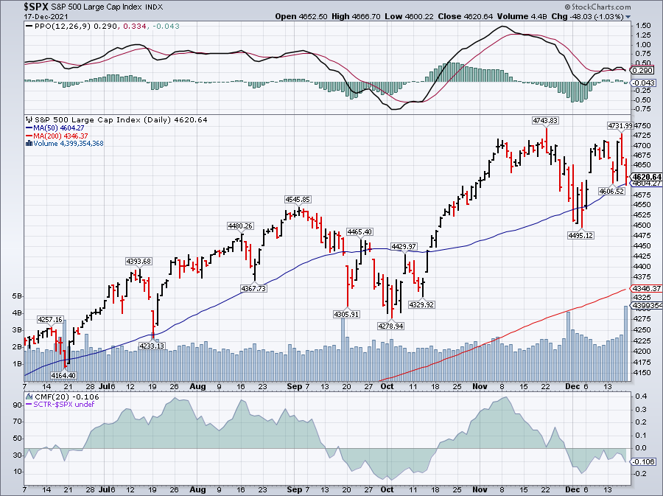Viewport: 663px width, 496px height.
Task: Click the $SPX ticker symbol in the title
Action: pos(36,7)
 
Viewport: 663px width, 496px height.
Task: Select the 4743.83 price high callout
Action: pos(545,121)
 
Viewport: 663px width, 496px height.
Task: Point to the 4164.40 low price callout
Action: pos(63,375)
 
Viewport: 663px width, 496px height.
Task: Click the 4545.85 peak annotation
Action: pos(298,199)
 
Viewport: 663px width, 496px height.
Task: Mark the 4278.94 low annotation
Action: pos(390,326)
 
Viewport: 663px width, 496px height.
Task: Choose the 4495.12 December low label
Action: pos(580,235)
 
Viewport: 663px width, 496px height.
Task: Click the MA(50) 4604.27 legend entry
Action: pos(55,128)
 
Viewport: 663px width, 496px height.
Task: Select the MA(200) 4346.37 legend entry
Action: pos(57,136)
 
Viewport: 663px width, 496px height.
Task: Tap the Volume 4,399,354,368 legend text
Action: pos(65,144)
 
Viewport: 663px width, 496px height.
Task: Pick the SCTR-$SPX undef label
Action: pos(60,404)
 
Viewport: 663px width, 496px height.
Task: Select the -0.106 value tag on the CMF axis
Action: pos(643,462)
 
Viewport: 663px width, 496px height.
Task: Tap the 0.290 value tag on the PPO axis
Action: pos(642,71)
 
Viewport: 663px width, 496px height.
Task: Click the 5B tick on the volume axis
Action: pos(17,296)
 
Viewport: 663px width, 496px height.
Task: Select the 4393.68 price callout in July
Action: pos(138,262)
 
